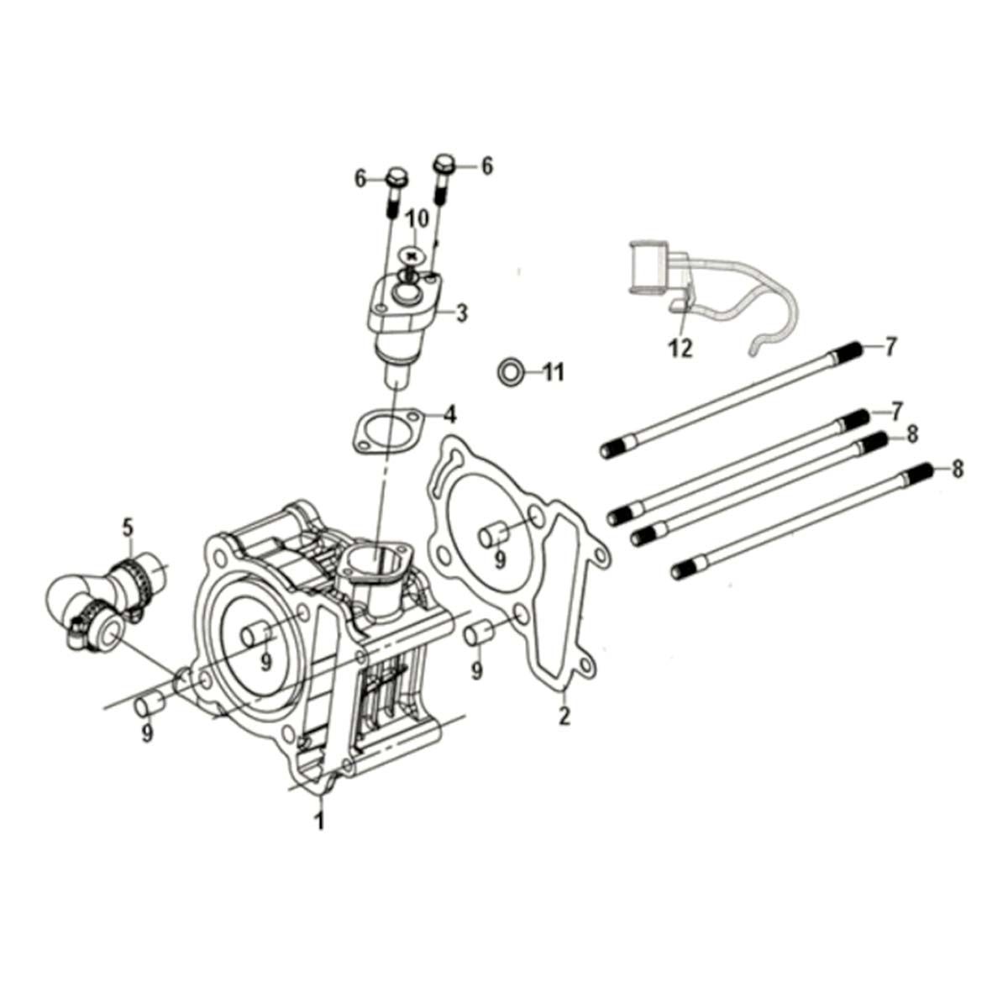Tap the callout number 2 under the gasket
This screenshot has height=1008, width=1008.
(564, 715)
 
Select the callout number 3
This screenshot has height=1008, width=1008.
(461, 314)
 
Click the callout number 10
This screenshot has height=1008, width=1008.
(417, 219)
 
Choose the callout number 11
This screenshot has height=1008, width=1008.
(553, 371)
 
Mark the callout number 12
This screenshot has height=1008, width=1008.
(680, 347)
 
